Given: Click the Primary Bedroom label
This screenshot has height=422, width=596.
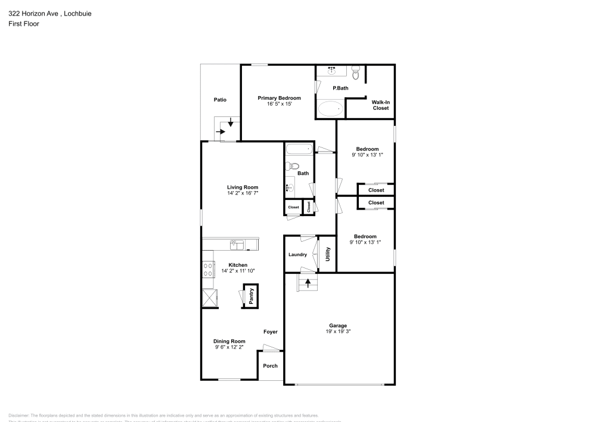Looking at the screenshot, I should click(x=279, y=98).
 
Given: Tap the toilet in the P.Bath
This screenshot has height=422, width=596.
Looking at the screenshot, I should click(x=356, y=74).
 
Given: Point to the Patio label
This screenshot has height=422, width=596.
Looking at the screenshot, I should click(x=220, y=100).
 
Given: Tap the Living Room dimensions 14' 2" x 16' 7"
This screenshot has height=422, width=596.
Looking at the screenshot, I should click(x=242, y=193).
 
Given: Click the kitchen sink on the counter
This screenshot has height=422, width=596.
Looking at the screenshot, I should click(x=237, y=245).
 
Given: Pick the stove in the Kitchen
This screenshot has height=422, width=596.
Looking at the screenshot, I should click(x=208, y=270).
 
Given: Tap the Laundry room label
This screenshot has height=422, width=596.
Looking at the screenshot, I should click(x=297, y=255).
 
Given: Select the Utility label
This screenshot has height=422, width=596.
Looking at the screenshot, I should click(x=328, y=255).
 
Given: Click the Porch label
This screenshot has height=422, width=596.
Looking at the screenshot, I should click(x=271, y=366).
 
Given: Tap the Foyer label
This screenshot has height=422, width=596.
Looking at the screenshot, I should click(x=271, y=331).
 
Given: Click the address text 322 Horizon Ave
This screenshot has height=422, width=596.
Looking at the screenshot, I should click(x=33, y=13).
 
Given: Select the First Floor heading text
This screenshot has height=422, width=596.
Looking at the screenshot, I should click(x=23, y=24).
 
